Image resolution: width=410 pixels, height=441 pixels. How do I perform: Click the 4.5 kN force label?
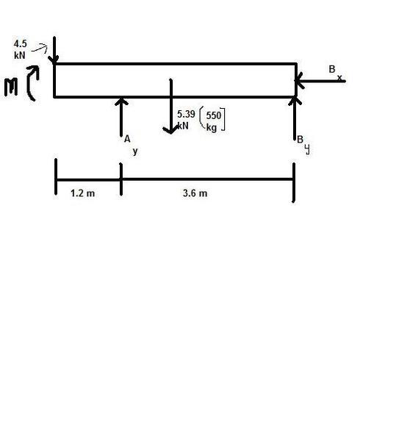[x=20, y=49]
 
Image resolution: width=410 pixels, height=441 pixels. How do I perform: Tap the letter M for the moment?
[x=11, y=87]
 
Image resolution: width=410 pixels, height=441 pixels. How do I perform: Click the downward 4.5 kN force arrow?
[x=54, y=50]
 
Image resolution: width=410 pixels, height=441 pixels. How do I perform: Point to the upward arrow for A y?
[x=121, y=117]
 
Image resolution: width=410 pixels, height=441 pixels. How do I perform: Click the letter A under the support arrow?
[x=127, y=139]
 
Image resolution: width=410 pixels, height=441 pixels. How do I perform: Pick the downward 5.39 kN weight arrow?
[x=170, y=107]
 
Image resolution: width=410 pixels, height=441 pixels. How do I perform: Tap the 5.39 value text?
[x=186, y=114]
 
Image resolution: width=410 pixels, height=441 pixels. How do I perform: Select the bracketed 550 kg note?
[x=212, y=120]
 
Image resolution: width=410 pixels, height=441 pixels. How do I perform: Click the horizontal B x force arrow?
[x=320, y=81]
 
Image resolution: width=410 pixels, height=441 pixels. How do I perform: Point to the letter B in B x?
[x=332, y=69]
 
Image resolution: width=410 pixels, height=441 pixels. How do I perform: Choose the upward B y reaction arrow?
[x=295, y=118]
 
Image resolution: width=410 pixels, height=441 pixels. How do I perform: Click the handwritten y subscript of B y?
[x=307, y=149]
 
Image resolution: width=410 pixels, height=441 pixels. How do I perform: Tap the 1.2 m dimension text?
[x=83, y=193]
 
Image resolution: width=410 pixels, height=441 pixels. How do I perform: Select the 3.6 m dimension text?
[x=195, y=193]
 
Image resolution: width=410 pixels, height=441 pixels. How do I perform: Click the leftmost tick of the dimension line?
[x=56, y=176]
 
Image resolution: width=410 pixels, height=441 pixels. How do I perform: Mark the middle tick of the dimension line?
[x=121, y=179]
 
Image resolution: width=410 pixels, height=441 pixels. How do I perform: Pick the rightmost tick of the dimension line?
[x=294, y=182]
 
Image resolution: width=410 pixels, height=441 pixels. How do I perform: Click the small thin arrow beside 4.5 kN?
[x=40, y=49]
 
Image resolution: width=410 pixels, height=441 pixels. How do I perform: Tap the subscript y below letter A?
[x=135, y=151]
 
